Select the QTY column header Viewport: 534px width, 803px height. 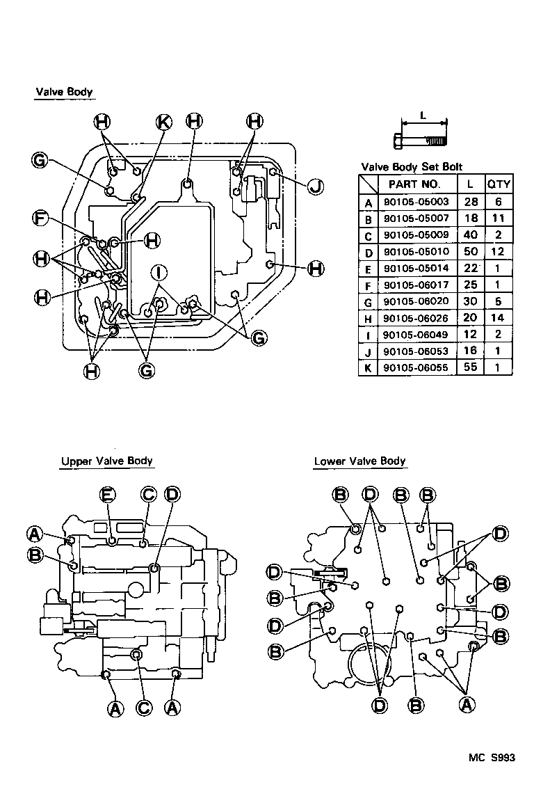click(x=499, y=184)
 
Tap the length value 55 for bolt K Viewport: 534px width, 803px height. click(x=471, y=367)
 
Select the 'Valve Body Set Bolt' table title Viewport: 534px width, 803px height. click(x=411, y=167)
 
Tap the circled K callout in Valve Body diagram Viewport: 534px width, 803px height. click(x=163, y=122)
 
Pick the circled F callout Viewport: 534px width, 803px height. click(x=42, y=218)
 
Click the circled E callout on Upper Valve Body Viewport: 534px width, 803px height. click(x=108, y=494)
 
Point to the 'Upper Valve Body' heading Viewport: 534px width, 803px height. click(x=106, y=461)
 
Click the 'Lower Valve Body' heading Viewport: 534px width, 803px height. click(x=359, y=461)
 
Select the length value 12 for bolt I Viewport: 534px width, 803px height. click(x=471, y=335)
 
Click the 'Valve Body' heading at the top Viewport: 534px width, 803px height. click(x=63, y=92)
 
